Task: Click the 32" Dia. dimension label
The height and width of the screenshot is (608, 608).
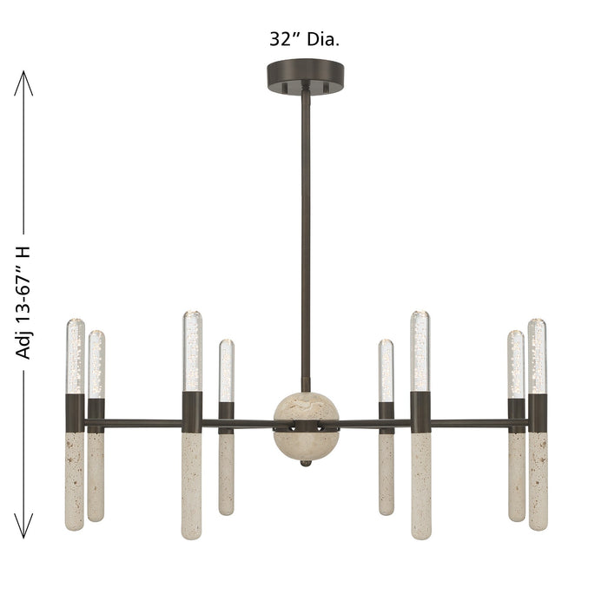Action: [x=303, y=38]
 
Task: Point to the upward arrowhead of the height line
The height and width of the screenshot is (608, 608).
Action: [x=24, y=81]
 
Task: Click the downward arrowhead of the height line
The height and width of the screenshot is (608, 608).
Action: [x=24, y=527]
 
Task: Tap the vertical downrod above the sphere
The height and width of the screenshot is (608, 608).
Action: [x=304, y=243]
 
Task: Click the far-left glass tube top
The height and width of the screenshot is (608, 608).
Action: [x=76, y=356]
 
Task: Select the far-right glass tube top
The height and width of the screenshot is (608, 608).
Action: [x=538, y=356]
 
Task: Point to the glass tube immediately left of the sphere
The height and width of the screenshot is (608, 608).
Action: [x=226, y=371]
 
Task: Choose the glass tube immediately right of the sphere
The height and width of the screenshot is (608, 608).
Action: [x=386, y=371]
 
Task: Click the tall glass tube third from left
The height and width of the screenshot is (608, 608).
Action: [x=192, y=351]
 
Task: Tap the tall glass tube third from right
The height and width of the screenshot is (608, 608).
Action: [x=420, y=351]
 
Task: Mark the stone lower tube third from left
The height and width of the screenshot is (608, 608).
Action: [x=192, y=486]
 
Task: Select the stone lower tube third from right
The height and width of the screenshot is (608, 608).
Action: [x=420, y=486]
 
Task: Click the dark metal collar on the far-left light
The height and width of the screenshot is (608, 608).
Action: [x=76, y=413]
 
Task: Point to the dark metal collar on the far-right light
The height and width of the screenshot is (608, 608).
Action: [x=538, y=413]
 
